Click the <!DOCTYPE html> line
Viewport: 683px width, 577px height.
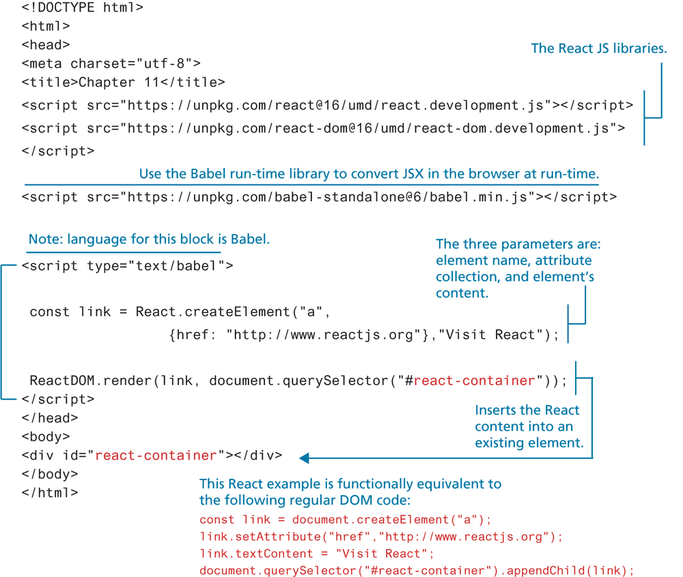click(x=82, y=8)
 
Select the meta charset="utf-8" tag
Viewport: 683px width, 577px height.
click(x=111, y=64)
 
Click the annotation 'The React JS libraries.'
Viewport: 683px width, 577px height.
click(x=598, y=48)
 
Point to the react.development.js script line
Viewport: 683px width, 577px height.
click(x=326, y=105)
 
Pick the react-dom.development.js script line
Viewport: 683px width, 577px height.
click(x=322, y=128)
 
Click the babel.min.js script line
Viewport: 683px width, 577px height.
click(x=318, y=197)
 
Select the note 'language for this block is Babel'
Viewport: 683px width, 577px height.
click(x=149, y=240)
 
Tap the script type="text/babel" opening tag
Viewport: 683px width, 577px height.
click(x=127, y=266)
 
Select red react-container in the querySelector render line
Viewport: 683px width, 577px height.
click(x=473, y=380)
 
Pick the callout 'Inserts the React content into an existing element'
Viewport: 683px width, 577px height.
click(x=529, y=427)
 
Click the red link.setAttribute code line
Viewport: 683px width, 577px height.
click(x=381, y=536)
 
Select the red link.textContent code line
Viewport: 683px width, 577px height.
click(x=317, y=553)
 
